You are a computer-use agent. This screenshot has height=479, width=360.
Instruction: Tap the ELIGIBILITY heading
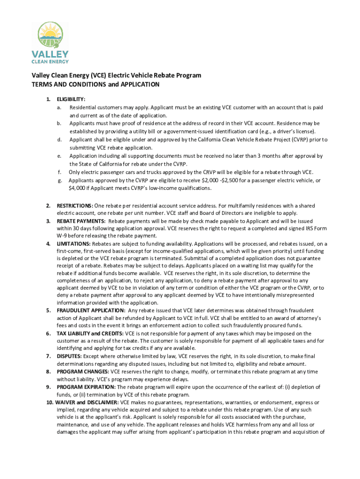coord(71,99)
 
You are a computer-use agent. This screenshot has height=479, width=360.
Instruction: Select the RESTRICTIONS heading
coord(74,206)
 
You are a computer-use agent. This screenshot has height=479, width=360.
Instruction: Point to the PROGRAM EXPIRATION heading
coord(86,387)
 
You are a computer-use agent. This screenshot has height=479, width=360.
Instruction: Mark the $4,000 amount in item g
coord(77,188)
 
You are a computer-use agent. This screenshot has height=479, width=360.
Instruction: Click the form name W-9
coord(63,236)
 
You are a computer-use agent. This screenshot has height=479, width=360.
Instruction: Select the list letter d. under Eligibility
coord(59,139)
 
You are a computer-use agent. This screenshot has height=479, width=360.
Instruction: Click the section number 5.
coord(48,311)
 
